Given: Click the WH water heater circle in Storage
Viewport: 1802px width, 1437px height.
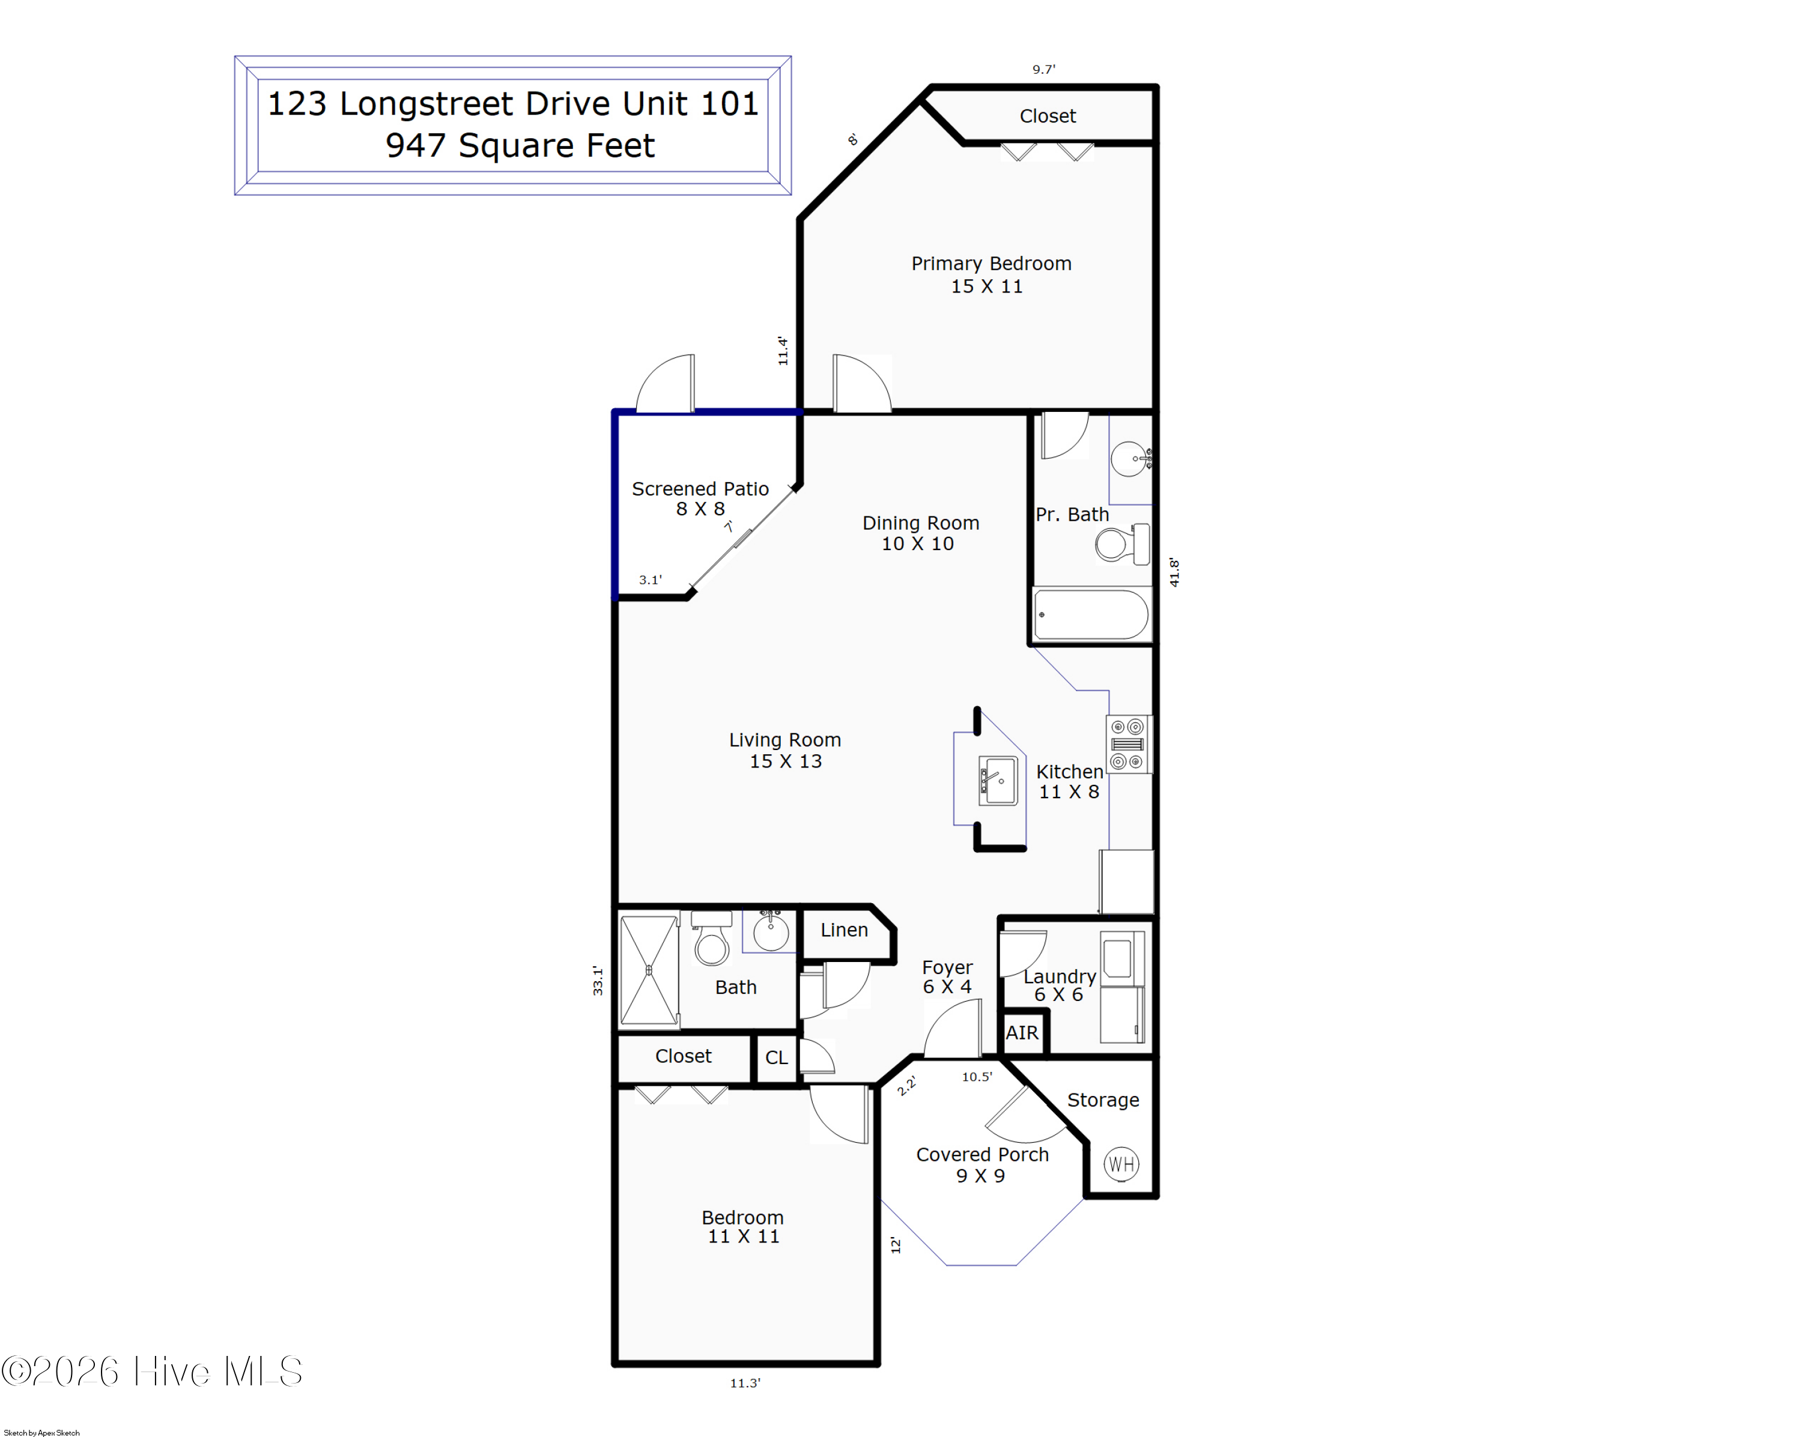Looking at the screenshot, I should click(x=1121, y=1164).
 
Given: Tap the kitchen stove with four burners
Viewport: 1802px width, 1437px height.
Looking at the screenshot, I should click(x=1127, y=743).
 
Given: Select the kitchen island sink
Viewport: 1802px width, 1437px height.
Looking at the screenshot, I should click(x=998, y=780).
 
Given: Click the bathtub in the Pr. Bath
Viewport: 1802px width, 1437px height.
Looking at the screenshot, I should click(x=1091, y=615).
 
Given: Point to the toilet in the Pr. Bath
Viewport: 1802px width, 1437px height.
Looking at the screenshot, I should click(x=1120, y=545).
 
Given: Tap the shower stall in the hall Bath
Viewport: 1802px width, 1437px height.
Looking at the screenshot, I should click(x=649, y=970).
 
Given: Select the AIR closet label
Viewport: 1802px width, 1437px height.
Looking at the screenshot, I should click(x=1021, y=1033).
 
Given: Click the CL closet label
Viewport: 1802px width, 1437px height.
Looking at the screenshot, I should click(x=775, y=1057).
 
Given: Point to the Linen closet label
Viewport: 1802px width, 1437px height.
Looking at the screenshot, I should click(x=843, y=930).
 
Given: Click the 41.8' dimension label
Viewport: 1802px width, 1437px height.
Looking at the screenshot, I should click(x=1174, y=572).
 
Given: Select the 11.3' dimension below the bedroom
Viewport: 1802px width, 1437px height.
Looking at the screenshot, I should click(x=745, y=1383).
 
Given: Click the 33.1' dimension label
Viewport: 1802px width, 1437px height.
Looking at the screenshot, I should click(x=598, y=980).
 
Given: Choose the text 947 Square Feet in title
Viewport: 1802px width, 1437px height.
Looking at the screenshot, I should click(x=520, y=145).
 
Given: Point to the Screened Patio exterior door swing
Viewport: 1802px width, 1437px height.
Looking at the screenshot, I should click(x=666, y=384).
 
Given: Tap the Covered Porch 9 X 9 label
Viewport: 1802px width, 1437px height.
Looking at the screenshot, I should click(x=981, y=1164).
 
